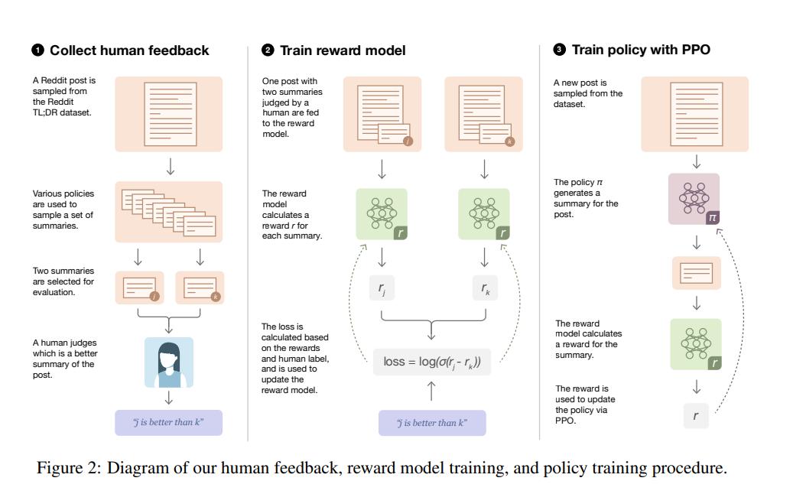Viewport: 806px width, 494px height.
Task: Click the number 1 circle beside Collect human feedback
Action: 37,50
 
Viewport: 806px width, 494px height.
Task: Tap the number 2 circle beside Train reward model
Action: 268,50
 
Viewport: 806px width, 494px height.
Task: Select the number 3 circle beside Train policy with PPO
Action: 559,50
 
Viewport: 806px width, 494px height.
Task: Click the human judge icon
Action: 168,362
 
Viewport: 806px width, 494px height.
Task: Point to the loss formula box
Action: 432,362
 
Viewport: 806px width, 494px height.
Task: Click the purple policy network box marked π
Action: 694,199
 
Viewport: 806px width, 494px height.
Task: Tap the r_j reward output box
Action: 382,288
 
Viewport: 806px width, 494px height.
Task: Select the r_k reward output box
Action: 485,288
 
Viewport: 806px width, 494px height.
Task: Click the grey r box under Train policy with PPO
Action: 696,416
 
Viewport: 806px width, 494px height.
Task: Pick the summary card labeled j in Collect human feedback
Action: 139,288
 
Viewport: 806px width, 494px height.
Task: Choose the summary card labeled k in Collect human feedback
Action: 200,288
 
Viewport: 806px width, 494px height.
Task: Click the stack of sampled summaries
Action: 168,212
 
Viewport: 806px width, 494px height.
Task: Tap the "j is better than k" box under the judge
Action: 168,423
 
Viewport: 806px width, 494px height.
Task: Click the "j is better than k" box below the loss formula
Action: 432,423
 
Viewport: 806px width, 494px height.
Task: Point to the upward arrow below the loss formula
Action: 431,392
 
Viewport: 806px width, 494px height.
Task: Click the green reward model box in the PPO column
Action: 696,344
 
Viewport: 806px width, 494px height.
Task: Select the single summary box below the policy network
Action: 697,273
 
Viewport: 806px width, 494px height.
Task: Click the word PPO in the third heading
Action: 696,50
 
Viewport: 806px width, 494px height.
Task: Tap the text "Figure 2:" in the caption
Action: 69,468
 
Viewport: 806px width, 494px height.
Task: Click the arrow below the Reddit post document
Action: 170,167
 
